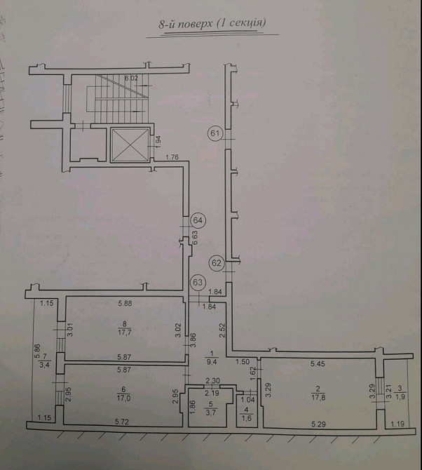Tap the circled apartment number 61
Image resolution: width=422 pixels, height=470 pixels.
[x=215, y=133]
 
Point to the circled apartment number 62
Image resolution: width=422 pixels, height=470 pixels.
[x=216, y=264]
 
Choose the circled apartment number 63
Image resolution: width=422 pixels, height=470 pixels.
[x=198, y=283]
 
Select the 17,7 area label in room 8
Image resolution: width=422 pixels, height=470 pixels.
[x=125, y=334]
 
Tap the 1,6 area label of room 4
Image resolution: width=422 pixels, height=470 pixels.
[x=246, y=418]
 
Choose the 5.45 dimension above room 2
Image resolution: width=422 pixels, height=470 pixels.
[x=318, y=363]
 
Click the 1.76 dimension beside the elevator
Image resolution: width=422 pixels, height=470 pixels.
[x=172, y=157]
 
